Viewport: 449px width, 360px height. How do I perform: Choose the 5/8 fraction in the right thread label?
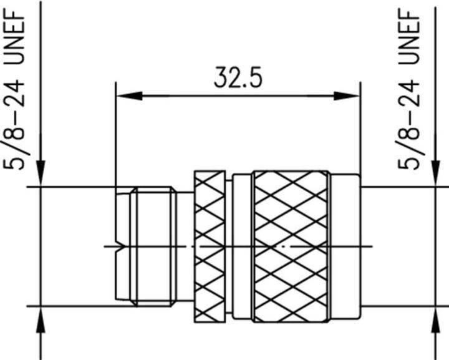point(415,152)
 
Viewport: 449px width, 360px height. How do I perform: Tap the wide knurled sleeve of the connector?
point(291,246)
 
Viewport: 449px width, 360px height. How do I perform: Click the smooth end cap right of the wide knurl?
point(345,246)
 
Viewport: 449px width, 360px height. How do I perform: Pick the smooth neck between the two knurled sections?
point(242,246)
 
